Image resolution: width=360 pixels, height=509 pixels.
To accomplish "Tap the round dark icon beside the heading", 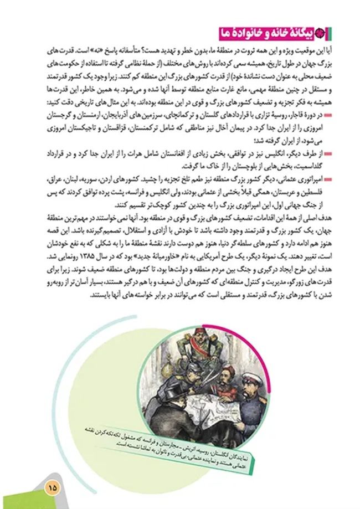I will pos(334,33).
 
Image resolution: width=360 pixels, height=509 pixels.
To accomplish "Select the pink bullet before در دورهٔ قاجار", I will pos(329,116).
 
